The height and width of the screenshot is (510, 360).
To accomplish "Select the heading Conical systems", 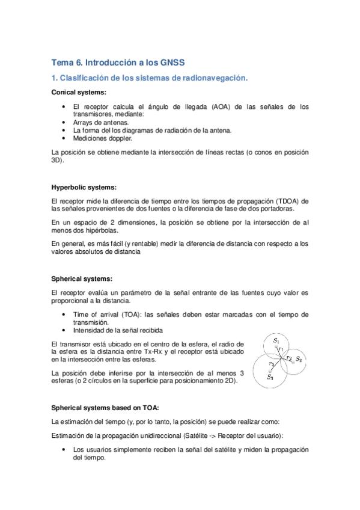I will pyautogui.click(x=79, y=93).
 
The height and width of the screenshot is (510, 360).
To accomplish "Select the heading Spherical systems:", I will pyautogui.click(x=82, y=278).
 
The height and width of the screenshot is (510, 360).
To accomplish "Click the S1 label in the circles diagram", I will pyautogui.click(x=276, y=341).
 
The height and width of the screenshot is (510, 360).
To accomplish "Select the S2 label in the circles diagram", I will pyautogui.click(x=299, y=358).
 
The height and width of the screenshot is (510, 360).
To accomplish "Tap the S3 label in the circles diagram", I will pyautogui.click(x=271, y=377).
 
